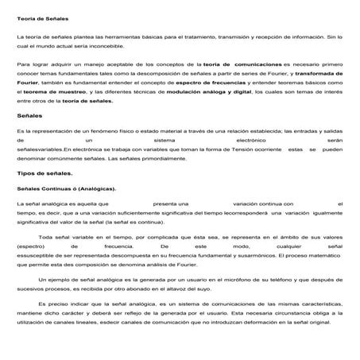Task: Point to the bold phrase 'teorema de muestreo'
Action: [x=47, y=91]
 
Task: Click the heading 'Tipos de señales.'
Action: [x=40, y=172]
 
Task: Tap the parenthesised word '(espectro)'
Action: [x=33, y=247]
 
